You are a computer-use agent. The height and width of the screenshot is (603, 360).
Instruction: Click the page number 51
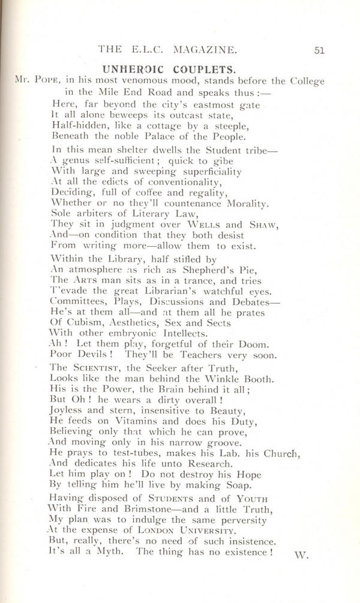[319, 51]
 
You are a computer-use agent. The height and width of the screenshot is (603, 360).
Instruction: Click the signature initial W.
[301, 554]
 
